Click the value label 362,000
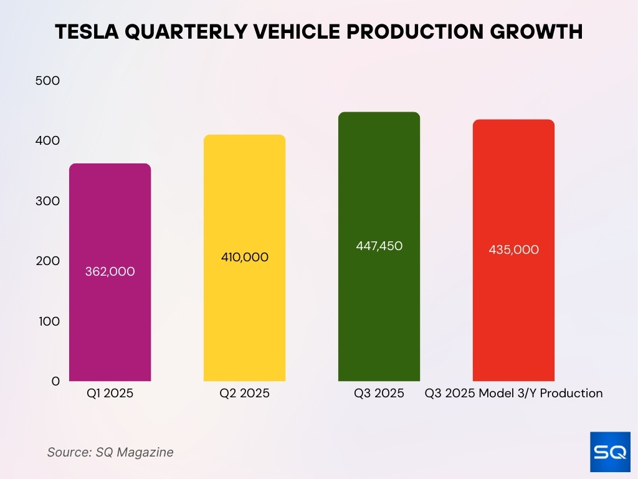(110, 272)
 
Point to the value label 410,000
(244, 257)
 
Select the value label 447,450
(379, 246)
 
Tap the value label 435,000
(513, 250)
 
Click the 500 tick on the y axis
(47, 81)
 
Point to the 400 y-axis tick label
(47, 141)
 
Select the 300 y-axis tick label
(47, 201)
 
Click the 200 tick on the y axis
(47, 261)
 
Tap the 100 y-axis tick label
(47, 321)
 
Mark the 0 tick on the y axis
(55, 381)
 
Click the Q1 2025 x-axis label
(110, 394)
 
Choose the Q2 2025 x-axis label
(244, 394)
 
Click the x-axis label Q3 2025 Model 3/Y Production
(513, 394)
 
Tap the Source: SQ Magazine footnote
(110, 452)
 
